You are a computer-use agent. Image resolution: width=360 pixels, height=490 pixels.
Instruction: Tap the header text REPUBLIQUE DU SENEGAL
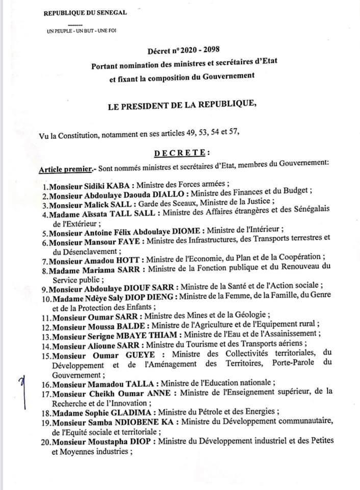click(86, 12)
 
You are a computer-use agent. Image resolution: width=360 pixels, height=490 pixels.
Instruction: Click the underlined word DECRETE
click(181, 153)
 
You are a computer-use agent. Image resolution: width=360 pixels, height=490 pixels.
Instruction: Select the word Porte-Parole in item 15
click(286, 363)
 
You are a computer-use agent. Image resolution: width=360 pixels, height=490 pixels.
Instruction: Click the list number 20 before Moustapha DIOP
click(45, 440)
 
